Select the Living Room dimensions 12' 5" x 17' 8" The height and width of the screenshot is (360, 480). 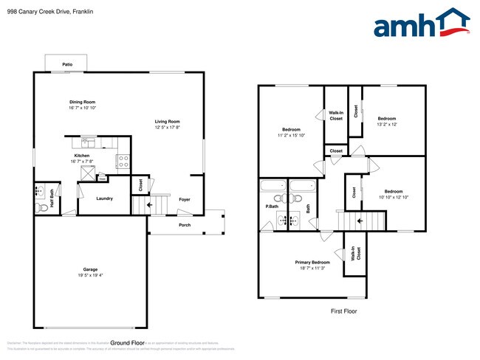click(x=167, y=128)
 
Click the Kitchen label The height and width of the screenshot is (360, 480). click(x=81, y=156)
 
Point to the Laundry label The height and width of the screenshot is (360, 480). click(x=104, y=198)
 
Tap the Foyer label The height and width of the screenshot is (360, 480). click(x=185, y=199)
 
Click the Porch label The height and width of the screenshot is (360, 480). click(x=185, y=224)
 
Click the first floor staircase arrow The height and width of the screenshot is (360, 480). click(x=360, y=220)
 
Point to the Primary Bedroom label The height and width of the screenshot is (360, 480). click(x=312, y=263)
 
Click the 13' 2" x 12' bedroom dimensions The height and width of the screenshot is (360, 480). click(x=388, y=124)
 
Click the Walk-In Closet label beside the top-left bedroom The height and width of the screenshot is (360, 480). click(x=336, y=115)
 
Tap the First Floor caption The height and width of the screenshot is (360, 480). click(x=343, y=311)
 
